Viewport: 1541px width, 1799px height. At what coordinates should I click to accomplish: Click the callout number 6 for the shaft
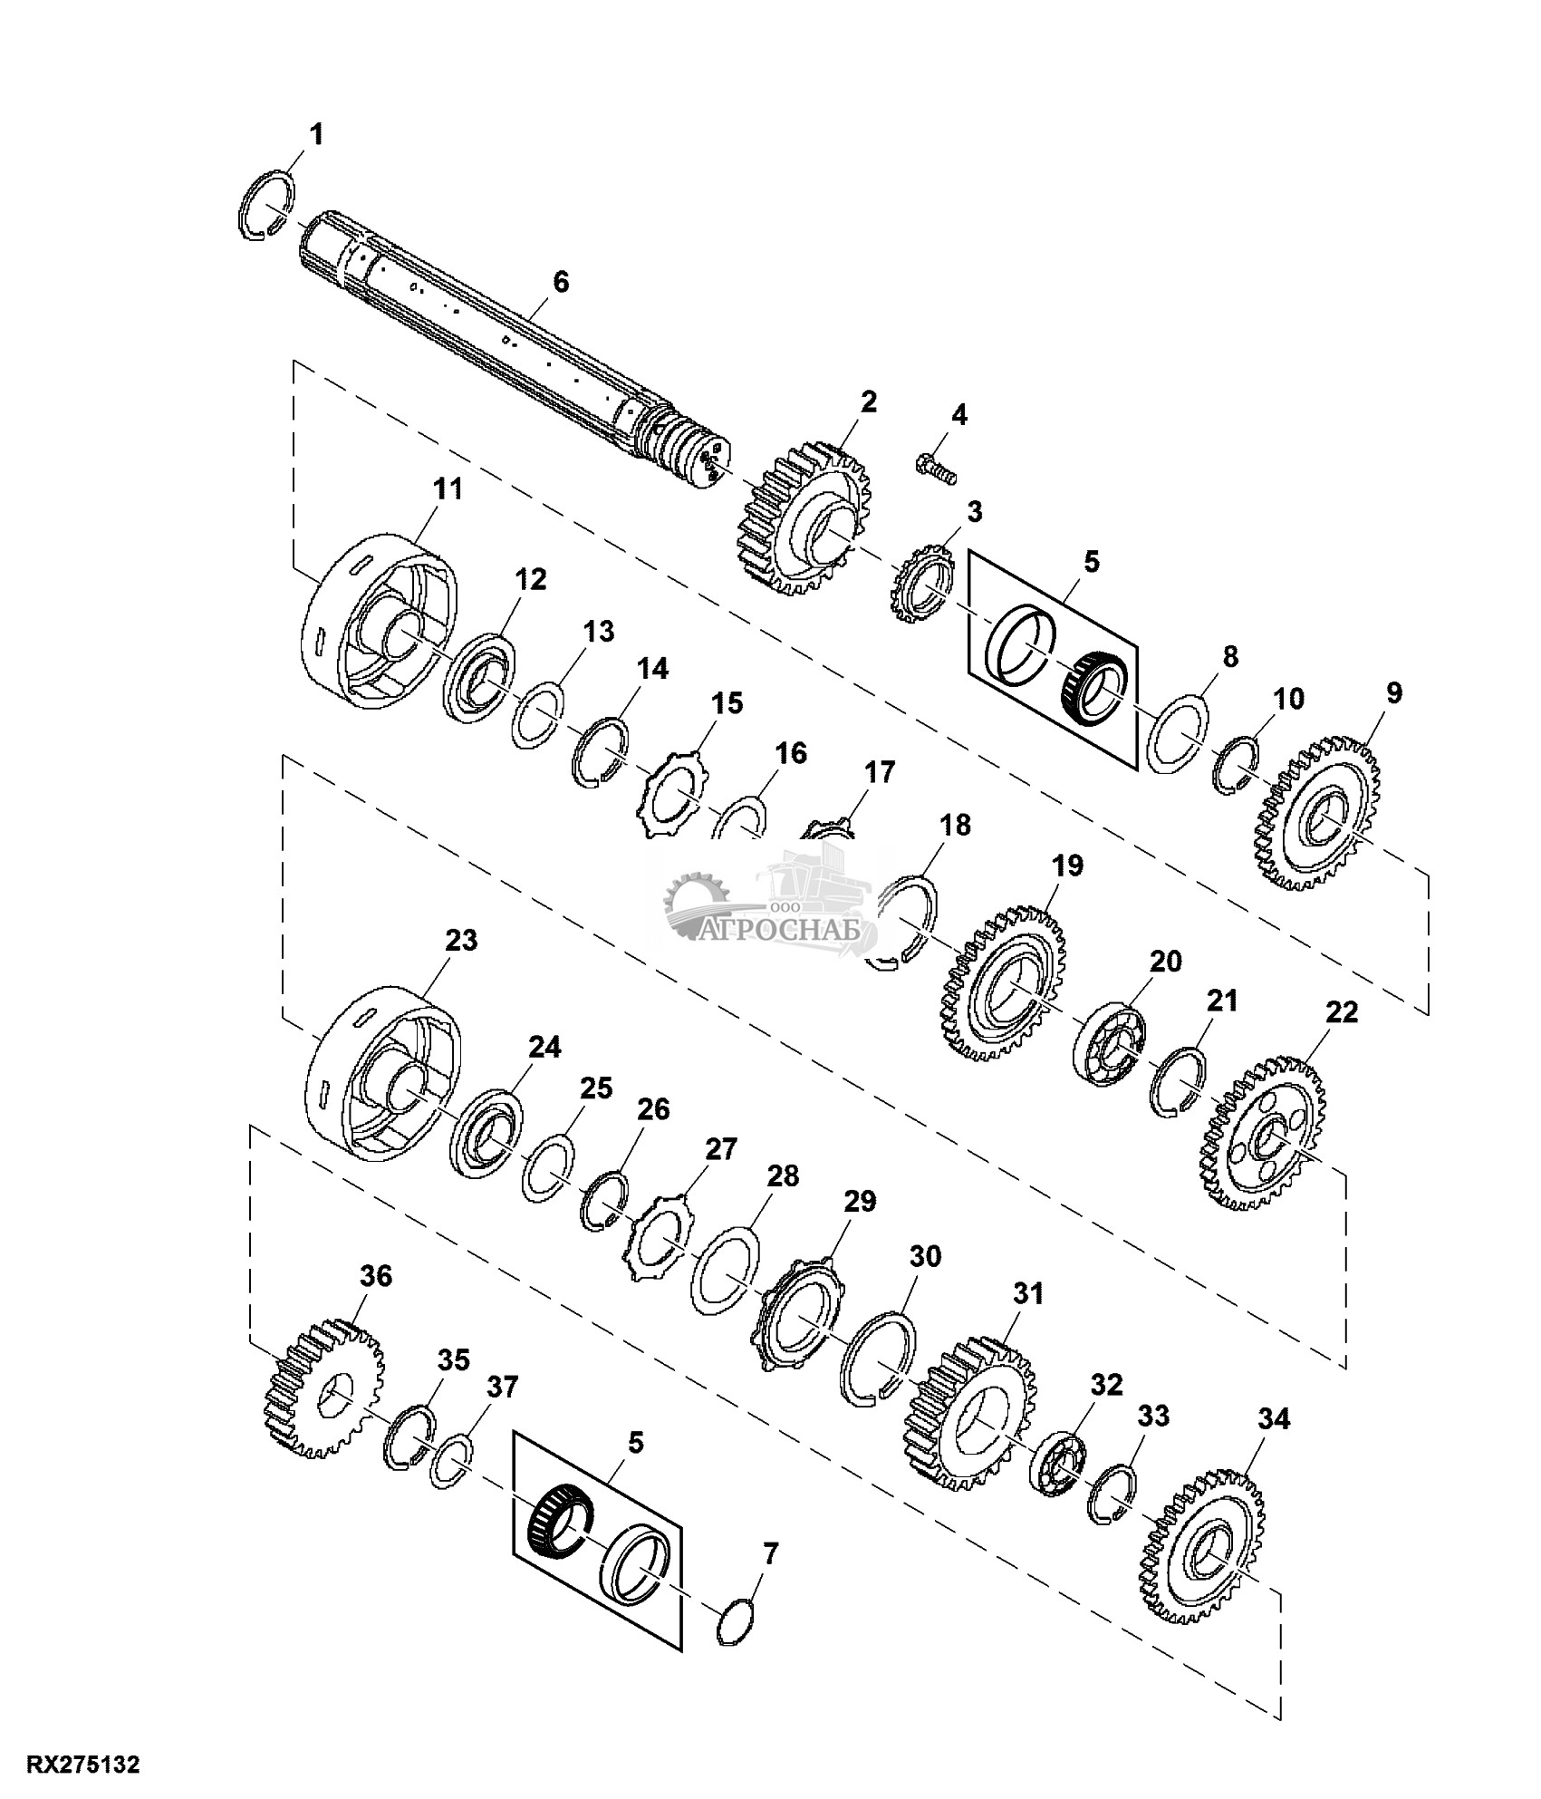coord(562,282)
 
